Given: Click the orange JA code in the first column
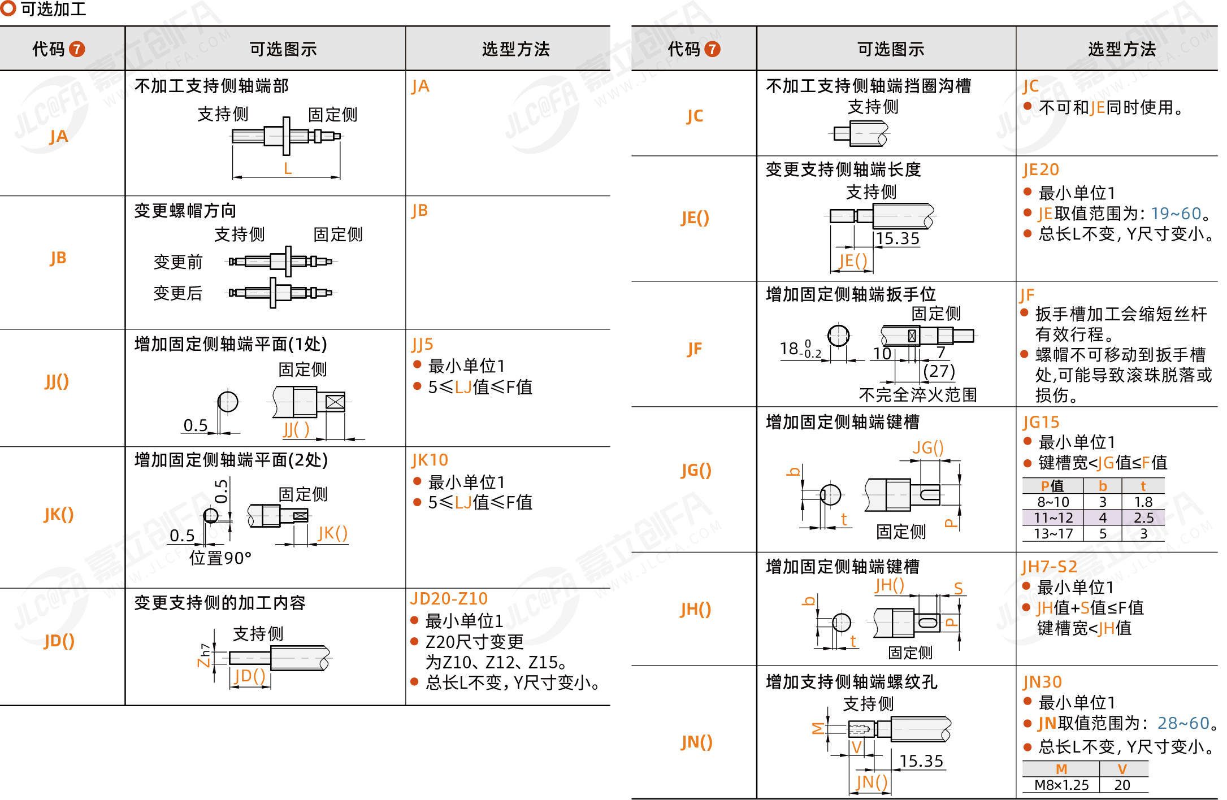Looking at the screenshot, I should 58,137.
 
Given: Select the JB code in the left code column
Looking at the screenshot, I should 58,258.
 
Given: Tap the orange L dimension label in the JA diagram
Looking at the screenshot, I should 288,168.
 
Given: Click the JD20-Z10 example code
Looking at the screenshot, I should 449,599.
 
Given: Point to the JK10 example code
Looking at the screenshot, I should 430,460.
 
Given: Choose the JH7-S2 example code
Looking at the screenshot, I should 1049,567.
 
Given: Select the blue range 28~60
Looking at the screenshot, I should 1183,723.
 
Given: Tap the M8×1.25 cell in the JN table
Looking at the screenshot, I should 1061,785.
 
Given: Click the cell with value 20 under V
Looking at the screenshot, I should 1122,785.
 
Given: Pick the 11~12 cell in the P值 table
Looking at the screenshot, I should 1053,518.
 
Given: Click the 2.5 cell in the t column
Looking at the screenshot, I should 1143,518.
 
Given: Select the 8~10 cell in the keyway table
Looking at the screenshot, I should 1053,502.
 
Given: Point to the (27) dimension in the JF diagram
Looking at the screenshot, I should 939,371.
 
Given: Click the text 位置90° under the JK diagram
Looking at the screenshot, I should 220,558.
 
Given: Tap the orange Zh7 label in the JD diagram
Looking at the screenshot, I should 204,655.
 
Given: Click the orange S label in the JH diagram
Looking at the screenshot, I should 958,589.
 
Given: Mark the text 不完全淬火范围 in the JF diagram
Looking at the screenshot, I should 918,395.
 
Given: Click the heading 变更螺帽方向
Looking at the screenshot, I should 185,211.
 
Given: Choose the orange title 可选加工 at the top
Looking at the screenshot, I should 53,9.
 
